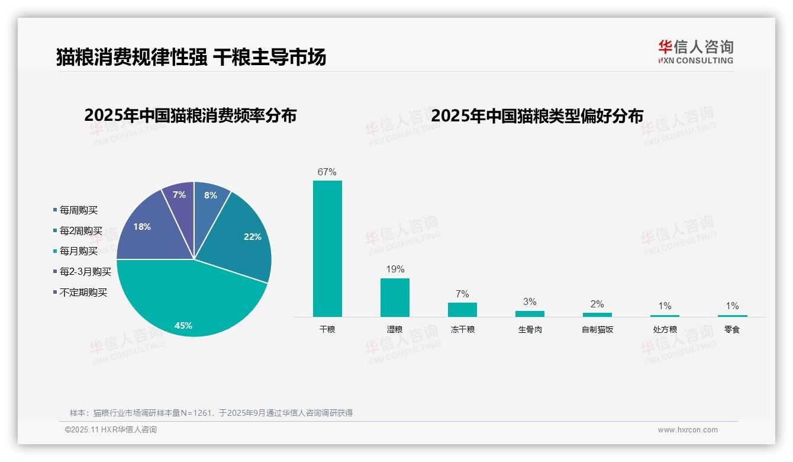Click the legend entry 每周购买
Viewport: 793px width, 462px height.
[79, 210]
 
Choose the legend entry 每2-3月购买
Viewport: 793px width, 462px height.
[85, 272]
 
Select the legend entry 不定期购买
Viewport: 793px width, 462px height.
[83, 293]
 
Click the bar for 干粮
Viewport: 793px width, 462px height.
[327, 249]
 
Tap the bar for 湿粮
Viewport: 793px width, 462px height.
[395, 297]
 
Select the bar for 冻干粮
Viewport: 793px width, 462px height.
[462, 310]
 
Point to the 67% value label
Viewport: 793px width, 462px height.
[327, 172]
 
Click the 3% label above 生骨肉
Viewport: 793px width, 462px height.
[530, 302]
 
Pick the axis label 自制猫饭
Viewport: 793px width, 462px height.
[597, 330]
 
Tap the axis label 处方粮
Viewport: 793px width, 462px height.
[665, 330]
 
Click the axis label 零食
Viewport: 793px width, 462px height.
[732, 330]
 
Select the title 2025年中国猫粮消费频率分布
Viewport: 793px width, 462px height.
[190, 115]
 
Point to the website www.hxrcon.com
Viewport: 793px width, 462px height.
[688, 430]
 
